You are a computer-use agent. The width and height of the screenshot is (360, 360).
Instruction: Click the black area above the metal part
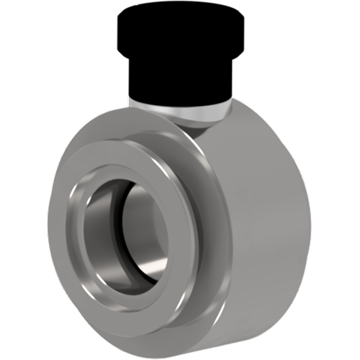(180, 43)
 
